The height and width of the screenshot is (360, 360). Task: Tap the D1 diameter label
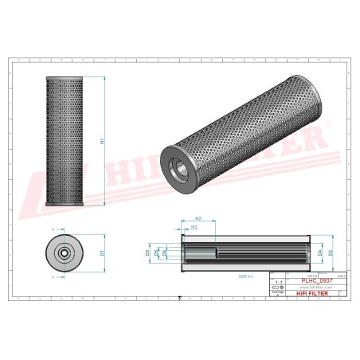pos(102,252)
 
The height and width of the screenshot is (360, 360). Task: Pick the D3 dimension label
pos(147,252)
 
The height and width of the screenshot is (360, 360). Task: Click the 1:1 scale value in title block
pos(278,281)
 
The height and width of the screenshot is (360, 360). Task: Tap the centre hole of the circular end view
pos(63,252)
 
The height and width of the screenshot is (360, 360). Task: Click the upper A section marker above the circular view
pos(53,229)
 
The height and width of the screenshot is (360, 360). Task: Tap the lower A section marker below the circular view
pos(53,276)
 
